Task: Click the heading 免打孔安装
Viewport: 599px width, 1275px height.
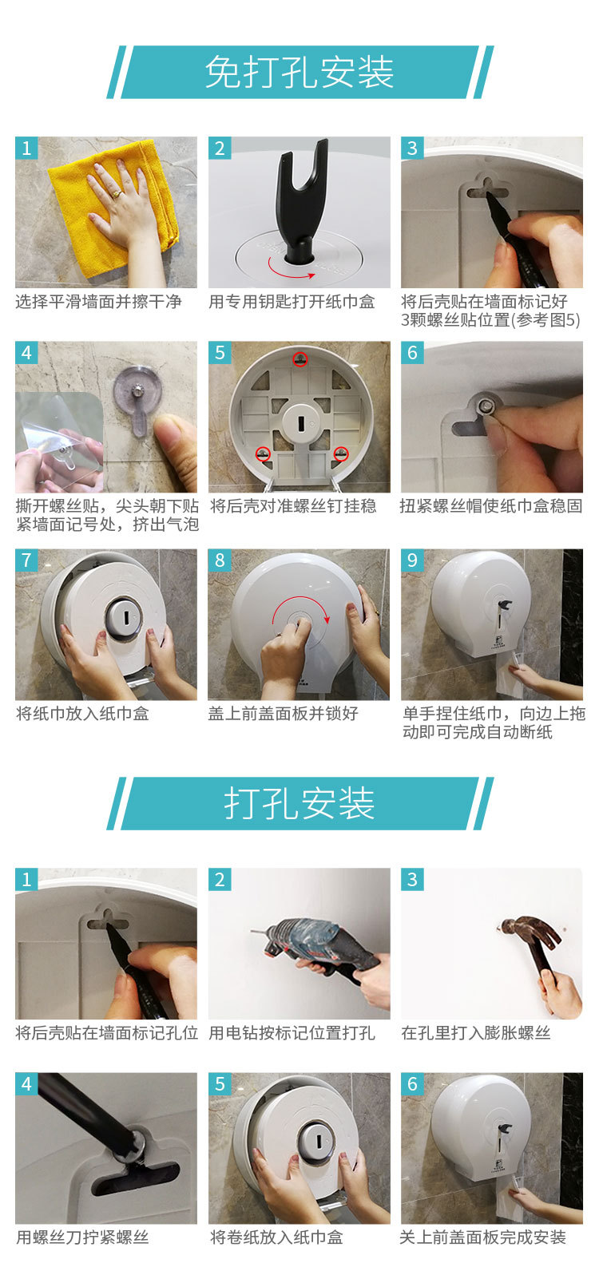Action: pos(299,73)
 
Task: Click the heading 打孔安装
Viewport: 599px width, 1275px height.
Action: pos(299,803)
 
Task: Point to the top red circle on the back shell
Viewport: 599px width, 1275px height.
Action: pos(300,358)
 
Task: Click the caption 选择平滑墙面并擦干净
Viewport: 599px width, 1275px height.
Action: pos(98,301)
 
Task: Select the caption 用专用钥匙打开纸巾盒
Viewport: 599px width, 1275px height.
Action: pos(292,301)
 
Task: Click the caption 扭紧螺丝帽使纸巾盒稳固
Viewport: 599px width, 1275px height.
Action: pos(491,505)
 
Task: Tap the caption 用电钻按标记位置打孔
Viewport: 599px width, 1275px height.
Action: pos(292,1032)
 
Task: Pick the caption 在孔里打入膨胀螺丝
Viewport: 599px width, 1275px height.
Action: pos(475,1032)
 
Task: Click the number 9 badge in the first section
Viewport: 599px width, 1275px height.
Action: pos(412,560)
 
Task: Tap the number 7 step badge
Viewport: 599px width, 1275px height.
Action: pos(26,560)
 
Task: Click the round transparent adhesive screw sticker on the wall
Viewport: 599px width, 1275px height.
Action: pos(137,395)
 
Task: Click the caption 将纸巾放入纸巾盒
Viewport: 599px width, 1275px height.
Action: pos(82,713)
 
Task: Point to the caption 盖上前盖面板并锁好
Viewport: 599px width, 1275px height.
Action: pos(283,713)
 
